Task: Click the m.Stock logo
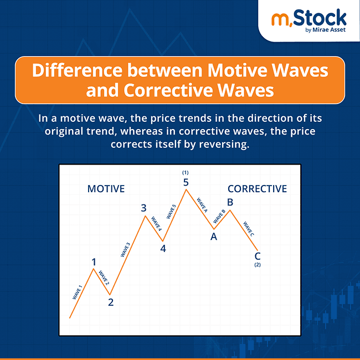308,19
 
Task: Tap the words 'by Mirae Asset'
326,30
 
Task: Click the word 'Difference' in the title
76,71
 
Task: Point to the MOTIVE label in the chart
106,189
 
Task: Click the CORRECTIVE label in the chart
257,189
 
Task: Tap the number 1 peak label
94,262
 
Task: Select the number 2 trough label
111,302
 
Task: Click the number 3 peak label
144,208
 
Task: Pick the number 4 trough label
163,249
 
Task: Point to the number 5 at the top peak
187,182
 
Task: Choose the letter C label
258,256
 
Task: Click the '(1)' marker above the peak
186,172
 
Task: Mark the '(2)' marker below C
258,265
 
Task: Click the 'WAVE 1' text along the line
77,292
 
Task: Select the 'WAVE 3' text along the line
125,250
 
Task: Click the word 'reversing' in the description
228,144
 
